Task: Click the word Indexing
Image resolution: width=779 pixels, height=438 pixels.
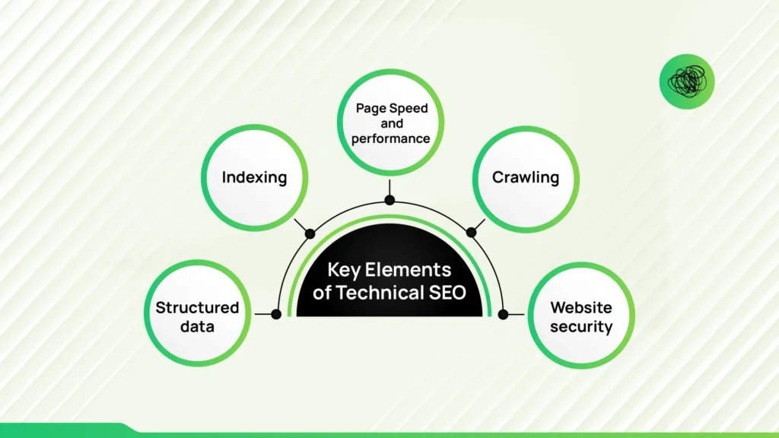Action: pos(254,178)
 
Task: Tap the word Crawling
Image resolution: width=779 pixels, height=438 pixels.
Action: pos(526,178)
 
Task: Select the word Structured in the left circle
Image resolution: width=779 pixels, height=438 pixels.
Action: pos(197,308)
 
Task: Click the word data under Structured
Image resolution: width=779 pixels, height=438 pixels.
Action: pos(197,327)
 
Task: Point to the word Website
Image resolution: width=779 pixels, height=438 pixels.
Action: pos(581,308)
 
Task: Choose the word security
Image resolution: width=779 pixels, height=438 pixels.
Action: pos(581,327)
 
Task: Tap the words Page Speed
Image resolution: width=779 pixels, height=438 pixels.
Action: pos(392,108)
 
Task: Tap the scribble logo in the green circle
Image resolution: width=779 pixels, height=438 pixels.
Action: pos(687,81)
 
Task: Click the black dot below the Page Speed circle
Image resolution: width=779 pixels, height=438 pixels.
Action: pos(389,200)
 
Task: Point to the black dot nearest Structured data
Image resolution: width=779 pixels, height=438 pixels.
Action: pos(276,314)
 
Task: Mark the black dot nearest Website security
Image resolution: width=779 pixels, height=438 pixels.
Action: pos(503,314)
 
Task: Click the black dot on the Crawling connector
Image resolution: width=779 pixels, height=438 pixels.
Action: pos(470,233)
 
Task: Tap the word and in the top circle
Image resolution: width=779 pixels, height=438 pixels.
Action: pos(393,123)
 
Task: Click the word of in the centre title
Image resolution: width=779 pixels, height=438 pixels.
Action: pos(322,293)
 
